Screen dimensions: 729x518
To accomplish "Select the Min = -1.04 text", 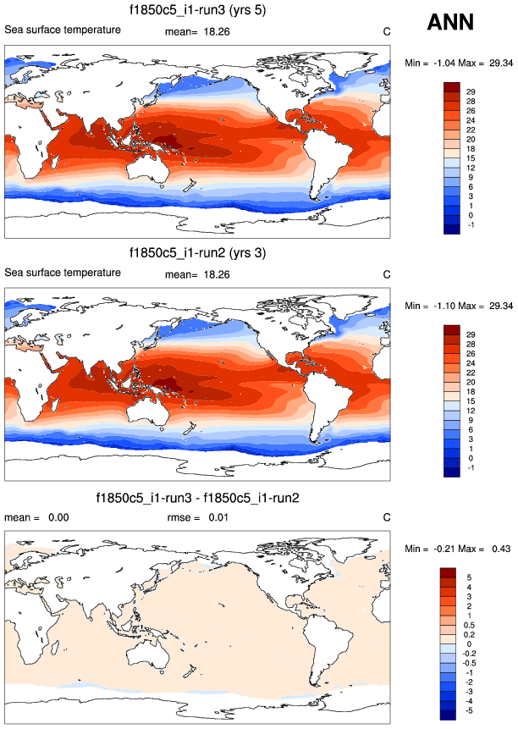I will [x=431, y=63].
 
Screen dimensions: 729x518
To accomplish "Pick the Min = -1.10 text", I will [x=431, y=305].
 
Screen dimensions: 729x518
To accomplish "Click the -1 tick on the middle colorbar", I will [x=470, y=467].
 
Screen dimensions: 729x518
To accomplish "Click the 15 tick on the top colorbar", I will [x=470, y=157].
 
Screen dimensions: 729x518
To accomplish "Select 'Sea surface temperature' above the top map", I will [x=62, y=30].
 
